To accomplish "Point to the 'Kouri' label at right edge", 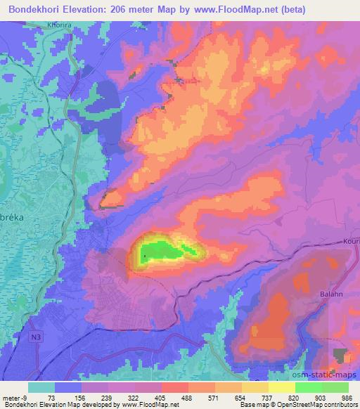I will tap(351, 241).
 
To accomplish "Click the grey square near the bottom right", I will tap(342, 354).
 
